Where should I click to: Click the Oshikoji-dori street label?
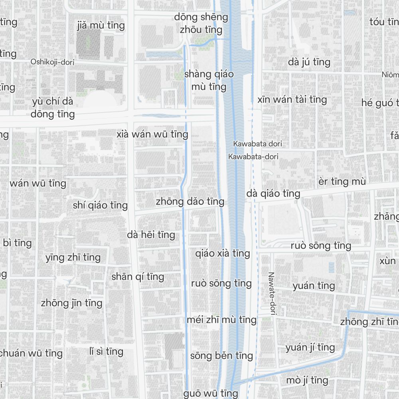(53, 62)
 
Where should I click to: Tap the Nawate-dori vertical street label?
(272, 294)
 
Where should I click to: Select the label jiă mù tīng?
(101, 26)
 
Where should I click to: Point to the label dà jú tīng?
(309, 62)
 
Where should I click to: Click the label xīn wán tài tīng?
(292, 99)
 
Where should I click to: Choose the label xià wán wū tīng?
(152, 134)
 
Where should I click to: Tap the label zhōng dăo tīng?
(190, 201)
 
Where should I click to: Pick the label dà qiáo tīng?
(273, 194)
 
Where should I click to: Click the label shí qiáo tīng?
(100, 205)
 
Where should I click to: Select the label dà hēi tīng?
(151, 235)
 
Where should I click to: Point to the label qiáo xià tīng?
(223, 253)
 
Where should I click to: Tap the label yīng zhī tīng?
(73, 257)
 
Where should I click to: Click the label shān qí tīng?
(138, 277)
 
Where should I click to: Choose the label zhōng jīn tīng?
(71, 303)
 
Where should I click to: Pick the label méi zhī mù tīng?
(221, 320)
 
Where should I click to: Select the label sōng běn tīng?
(221, 356)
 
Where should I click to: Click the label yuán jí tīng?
(310, 348)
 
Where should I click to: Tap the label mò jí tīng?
(307, 380)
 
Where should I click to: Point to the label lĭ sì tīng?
(106, 352)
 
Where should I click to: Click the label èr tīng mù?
(342, 182)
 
